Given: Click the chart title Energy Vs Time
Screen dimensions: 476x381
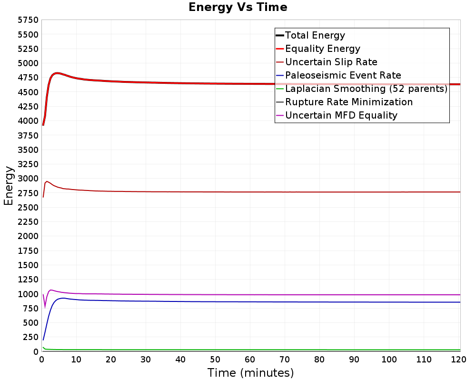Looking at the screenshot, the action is tap(238, 7).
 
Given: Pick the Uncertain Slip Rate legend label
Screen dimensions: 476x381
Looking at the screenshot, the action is tap(331, 62).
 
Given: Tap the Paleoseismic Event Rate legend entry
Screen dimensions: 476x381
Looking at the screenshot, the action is tap(343, 75).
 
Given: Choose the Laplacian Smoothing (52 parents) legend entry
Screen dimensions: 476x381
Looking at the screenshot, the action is tap(367, 89).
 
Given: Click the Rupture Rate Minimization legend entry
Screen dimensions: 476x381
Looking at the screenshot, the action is tap(349, 102).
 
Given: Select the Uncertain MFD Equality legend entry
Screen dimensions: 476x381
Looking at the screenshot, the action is tap(341, 115).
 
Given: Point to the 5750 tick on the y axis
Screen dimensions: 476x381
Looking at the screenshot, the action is tap(28, 20).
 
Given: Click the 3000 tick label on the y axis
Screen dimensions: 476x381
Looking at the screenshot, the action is tap(28, 178).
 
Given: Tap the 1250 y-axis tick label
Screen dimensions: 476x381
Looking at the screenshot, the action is tap(28, 279).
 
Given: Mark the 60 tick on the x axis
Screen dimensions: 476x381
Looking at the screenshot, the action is tap(250, 360).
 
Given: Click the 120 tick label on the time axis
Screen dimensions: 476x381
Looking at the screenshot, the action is tap(458, 360).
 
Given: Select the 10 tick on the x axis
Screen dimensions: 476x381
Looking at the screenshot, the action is tap(76, 360).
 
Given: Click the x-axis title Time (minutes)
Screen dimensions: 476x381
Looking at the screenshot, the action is tap(250, 372).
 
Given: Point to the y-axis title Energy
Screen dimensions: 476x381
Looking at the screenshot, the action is tap(9, 186).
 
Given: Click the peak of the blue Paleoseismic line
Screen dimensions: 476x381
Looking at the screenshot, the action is tap(63, 298).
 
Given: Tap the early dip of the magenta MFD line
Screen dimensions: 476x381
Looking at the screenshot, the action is tap(45, 308).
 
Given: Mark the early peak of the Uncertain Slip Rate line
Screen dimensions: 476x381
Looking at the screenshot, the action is tap(47, 181).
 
